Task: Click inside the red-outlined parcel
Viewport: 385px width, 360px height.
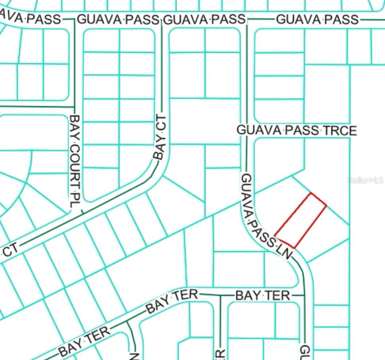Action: pyautogui.click(x=300, y=221)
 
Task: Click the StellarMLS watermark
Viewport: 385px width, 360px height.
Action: pyautogui.click(x=366, y=180)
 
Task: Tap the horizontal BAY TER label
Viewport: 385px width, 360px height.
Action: pyautogui.click(x=263, y=296)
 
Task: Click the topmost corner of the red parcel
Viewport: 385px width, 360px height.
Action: pyautogui.click(x=311, y=194)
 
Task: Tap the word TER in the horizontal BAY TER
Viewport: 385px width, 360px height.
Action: pyautogui.click(x=281, y=296)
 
